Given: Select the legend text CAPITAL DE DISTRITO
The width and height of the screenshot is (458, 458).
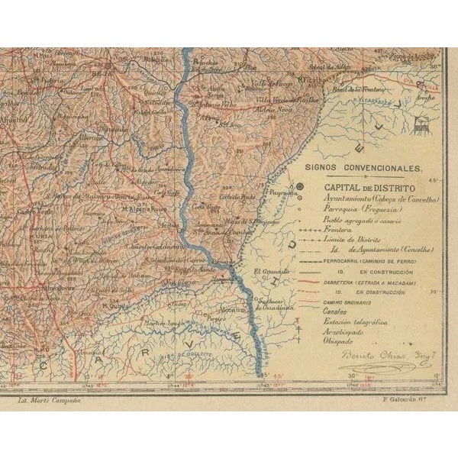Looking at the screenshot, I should click(369, 186).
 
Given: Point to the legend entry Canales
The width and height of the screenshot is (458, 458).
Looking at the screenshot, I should click(338, 312).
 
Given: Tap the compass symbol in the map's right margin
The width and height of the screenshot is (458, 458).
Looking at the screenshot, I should click(418, 126).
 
